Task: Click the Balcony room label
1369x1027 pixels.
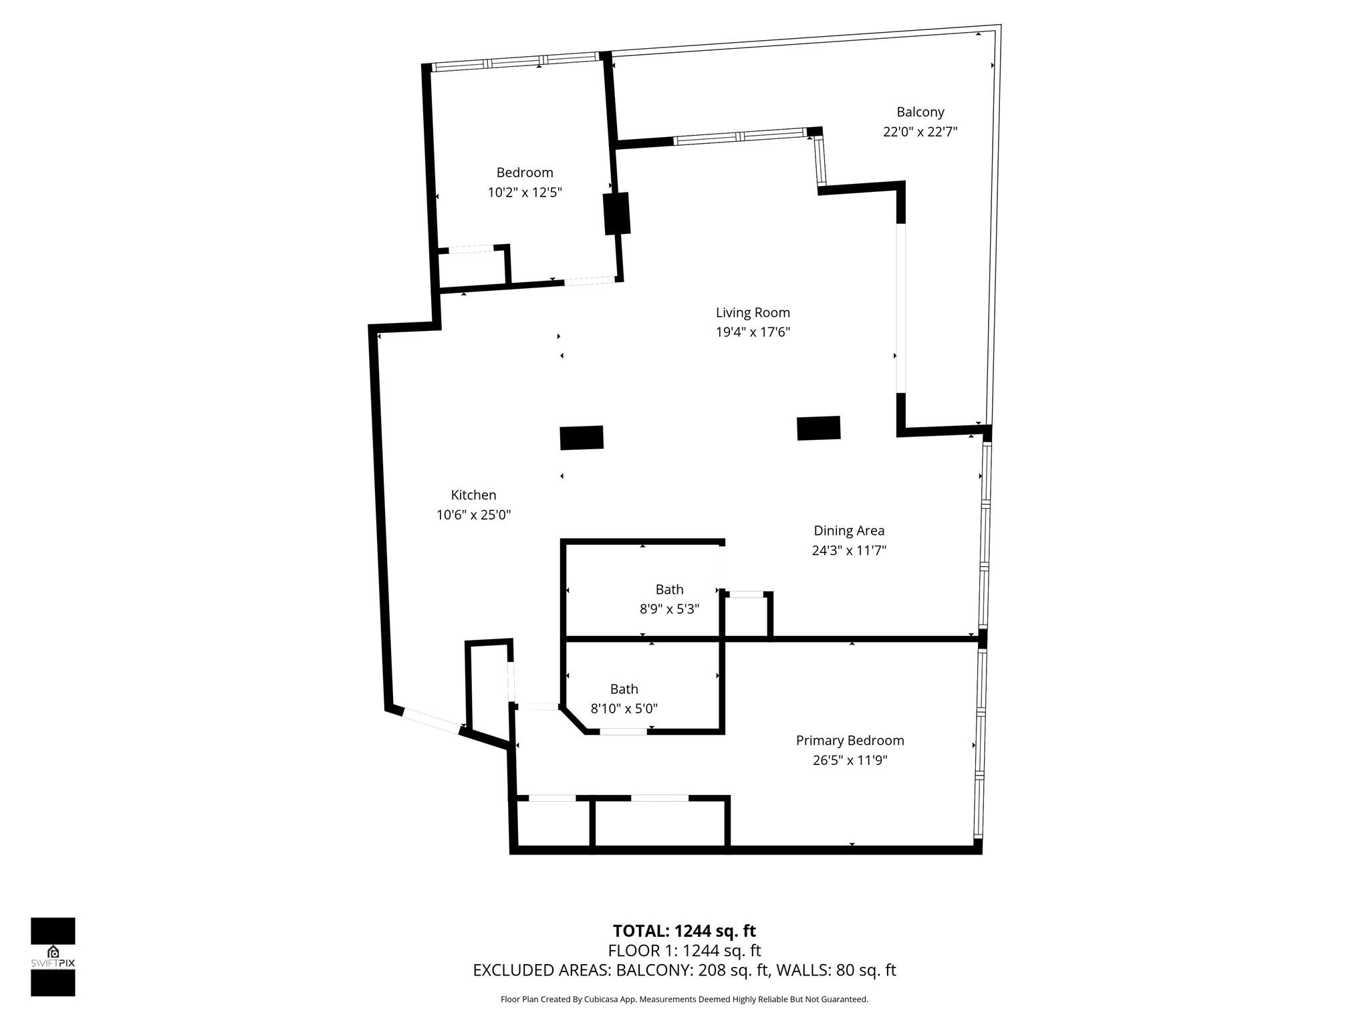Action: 920,112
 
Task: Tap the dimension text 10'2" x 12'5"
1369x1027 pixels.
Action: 524,193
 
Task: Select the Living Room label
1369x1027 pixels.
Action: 753,312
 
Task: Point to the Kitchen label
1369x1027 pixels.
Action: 473,495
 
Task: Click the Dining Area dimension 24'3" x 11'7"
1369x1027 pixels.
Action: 849,550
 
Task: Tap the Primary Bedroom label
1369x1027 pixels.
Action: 850,740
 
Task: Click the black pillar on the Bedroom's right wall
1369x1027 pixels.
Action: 617,213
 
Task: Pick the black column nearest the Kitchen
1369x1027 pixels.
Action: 582,437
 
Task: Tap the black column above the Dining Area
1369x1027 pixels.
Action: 818,428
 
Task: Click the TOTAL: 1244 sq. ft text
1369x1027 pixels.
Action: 684,931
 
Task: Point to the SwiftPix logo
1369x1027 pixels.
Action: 53,957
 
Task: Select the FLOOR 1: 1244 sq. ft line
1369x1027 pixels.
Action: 684,950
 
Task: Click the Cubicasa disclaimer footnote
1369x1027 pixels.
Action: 684,999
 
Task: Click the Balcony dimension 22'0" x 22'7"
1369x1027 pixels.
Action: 920,132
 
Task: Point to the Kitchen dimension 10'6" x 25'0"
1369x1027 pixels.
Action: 473,515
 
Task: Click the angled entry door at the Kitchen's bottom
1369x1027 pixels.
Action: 432,721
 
